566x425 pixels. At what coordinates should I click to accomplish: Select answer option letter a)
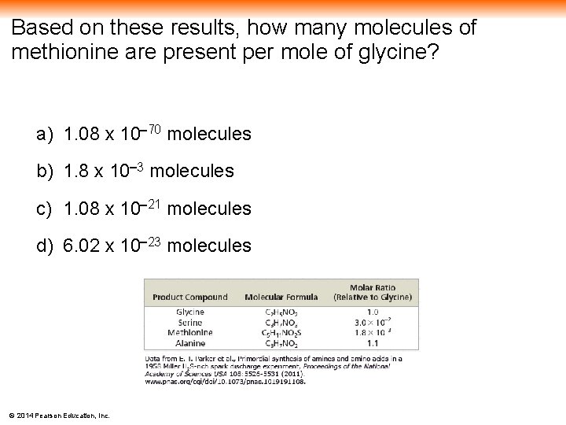[x=44, y=135]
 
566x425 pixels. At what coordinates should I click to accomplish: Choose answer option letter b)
[x=44, y=172]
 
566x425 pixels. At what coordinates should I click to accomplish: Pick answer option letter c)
[x=44, y=209]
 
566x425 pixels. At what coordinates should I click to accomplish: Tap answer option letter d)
[x=44, y=246]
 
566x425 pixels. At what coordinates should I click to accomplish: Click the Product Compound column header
[x=189, y=297]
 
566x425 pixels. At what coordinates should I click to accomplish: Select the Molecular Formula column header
[x=281, y=297]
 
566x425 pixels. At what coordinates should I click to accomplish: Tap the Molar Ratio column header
[x=373, y=292]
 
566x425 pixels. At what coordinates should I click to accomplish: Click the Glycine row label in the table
[x=189, y=312]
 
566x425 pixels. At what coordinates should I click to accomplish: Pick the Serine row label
[x=189, y=322]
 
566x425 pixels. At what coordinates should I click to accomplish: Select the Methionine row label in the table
[x=189, y=332]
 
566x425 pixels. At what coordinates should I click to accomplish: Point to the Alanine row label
[x=189, y=343]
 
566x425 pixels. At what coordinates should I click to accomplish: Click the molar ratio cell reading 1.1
[x=373, y=343]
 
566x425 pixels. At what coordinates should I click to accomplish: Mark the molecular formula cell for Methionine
[x=281, y=333]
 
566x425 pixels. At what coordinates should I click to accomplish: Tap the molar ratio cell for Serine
[x=373, y=322]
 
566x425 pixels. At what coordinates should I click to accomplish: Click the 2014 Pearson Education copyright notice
[x=59, y=415]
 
